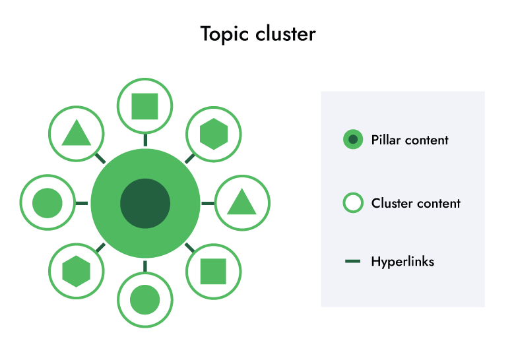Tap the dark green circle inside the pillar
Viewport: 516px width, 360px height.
coord(145,203)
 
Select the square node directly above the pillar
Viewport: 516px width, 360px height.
coord(145,106)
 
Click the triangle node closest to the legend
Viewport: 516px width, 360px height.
coord(242,202)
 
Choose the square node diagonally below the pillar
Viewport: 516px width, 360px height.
coord(213,270)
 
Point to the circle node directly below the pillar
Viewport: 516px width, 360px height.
coord(145,300)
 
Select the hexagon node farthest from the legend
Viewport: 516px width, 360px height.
coord(77,270)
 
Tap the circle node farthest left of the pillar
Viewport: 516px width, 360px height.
coord(48,203)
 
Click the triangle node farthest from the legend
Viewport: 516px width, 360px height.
coord(77,134)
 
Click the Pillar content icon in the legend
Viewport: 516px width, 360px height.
coord(353,139)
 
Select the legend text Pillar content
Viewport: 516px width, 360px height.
coord(410,140)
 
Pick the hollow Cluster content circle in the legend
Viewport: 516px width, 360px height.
coord(353,202)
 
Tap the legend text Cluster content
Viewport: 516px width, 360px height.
coord(416,203)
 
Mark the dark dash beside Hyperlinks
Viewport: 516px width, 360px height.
coord(353,262)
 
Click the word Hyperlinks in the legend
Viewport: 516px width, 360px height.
coord(403,262)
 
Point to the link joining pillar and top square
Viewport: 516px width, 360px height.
coord(145,140)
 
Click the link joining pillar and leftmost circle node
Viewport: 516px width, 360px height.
coord(82,203)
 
